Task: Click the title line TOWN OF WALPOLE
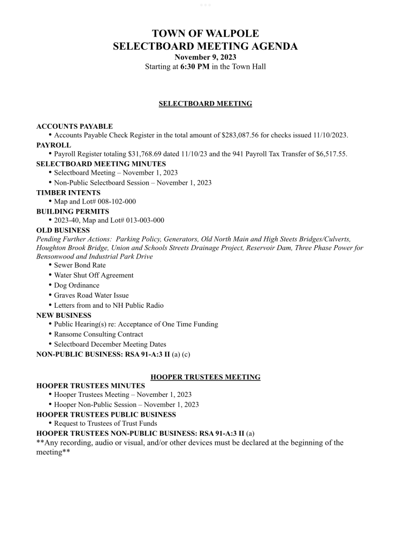(x=205, y=34)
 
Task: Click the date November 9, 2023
(x=205, y=57)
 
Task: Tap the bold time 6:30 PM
(x=195, y=67)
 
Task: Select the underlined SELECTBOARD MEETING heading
(x=205, y=104)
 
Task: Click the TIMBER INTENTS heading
(x=68, y=192)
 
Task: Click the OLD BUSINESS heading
(x=63, y=230)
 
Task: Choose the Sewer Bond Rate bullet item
(x=80, y=265)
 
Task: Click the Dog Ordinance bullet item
(x=77, y=285)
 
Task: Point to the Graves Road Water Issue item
(x=91, y=295)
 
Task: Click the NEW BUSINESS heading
(x=64, y=315)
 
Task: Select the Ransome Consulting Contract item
(x=98, y=334)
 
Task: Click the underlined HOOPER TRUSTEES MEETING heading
(x=205, y=377)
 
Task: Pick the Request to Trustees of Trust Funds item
(x=105, y=424)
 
